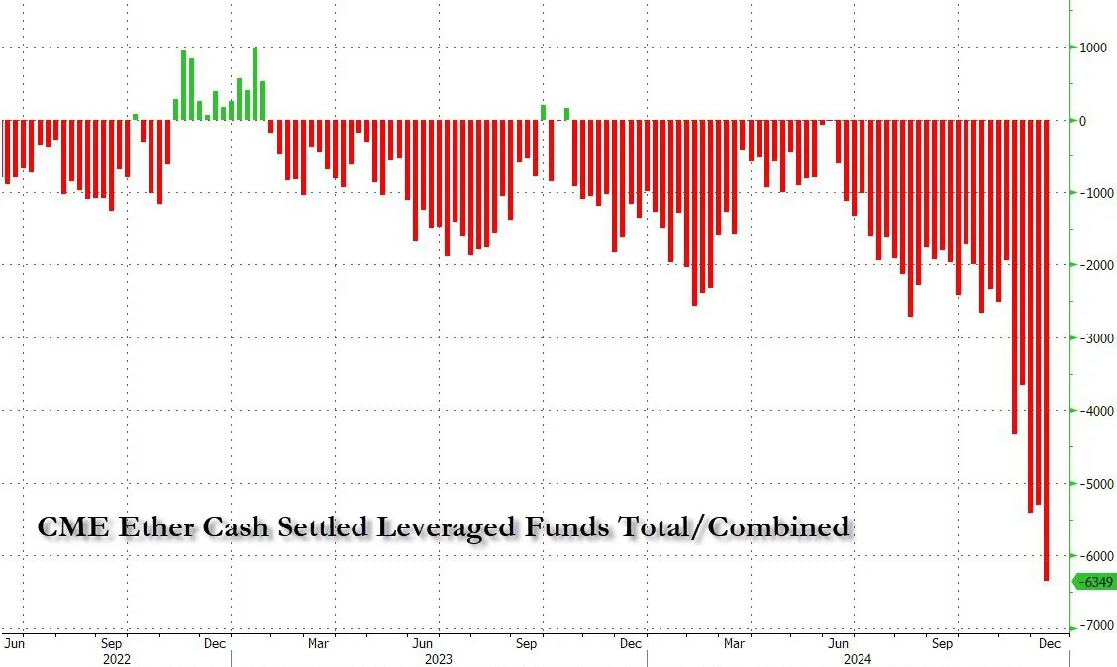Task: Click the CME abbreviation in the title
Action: click(72, 527)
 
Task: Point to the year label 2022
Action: click(117, 657)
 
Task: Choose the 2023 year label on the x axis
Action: click(439, 657)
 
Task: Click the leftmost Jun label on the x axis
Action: click(14, 643)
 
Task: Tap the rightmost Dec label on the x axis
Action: click(1049, 643)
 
